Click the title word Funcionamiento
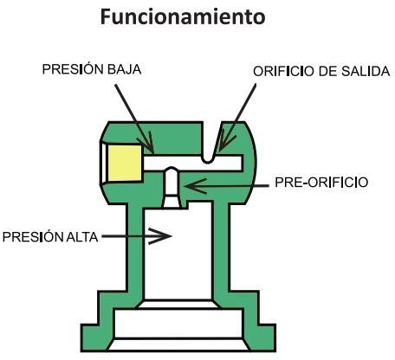pos(183,16)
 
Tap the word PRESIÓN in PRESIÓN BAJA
pos(73,69)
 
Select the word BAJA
pos(125,69)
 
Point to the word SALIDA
pos(366,71)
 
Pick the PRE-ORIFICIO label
pos(321,183)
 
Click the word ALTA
pos(82,237)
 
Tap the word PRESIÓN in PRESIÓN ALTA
pos(33,237)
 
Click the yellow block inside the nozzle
pos(125,163)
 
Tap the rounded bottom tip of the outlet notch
pos(208,162)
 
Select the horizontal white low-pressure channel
pos(193,164)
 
